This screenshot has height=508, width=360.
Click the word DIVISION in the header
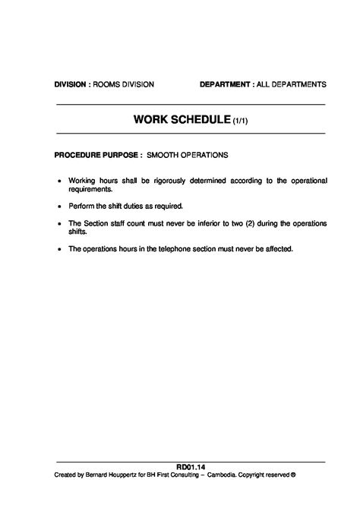(70, 84)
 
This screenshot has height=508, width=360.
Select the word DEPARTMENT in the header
(226, 84)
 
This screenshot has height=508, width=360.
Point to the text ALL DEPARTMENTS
(293, 84)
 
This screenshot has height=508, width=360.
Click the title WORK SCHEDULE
(182, 119)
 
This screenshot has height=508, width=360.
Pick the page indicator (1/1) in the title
(240, 120)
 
